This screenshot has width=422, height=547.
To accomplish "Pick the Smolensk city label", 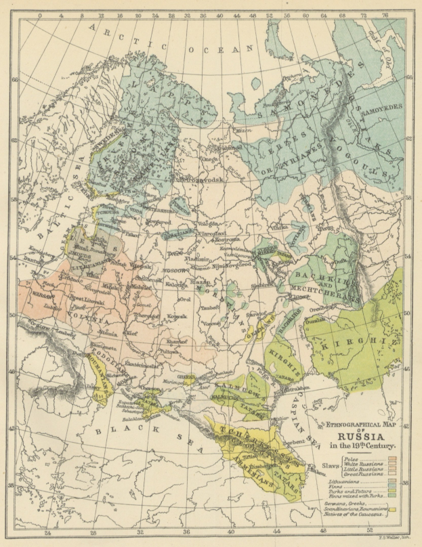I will tap(147, 279).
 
